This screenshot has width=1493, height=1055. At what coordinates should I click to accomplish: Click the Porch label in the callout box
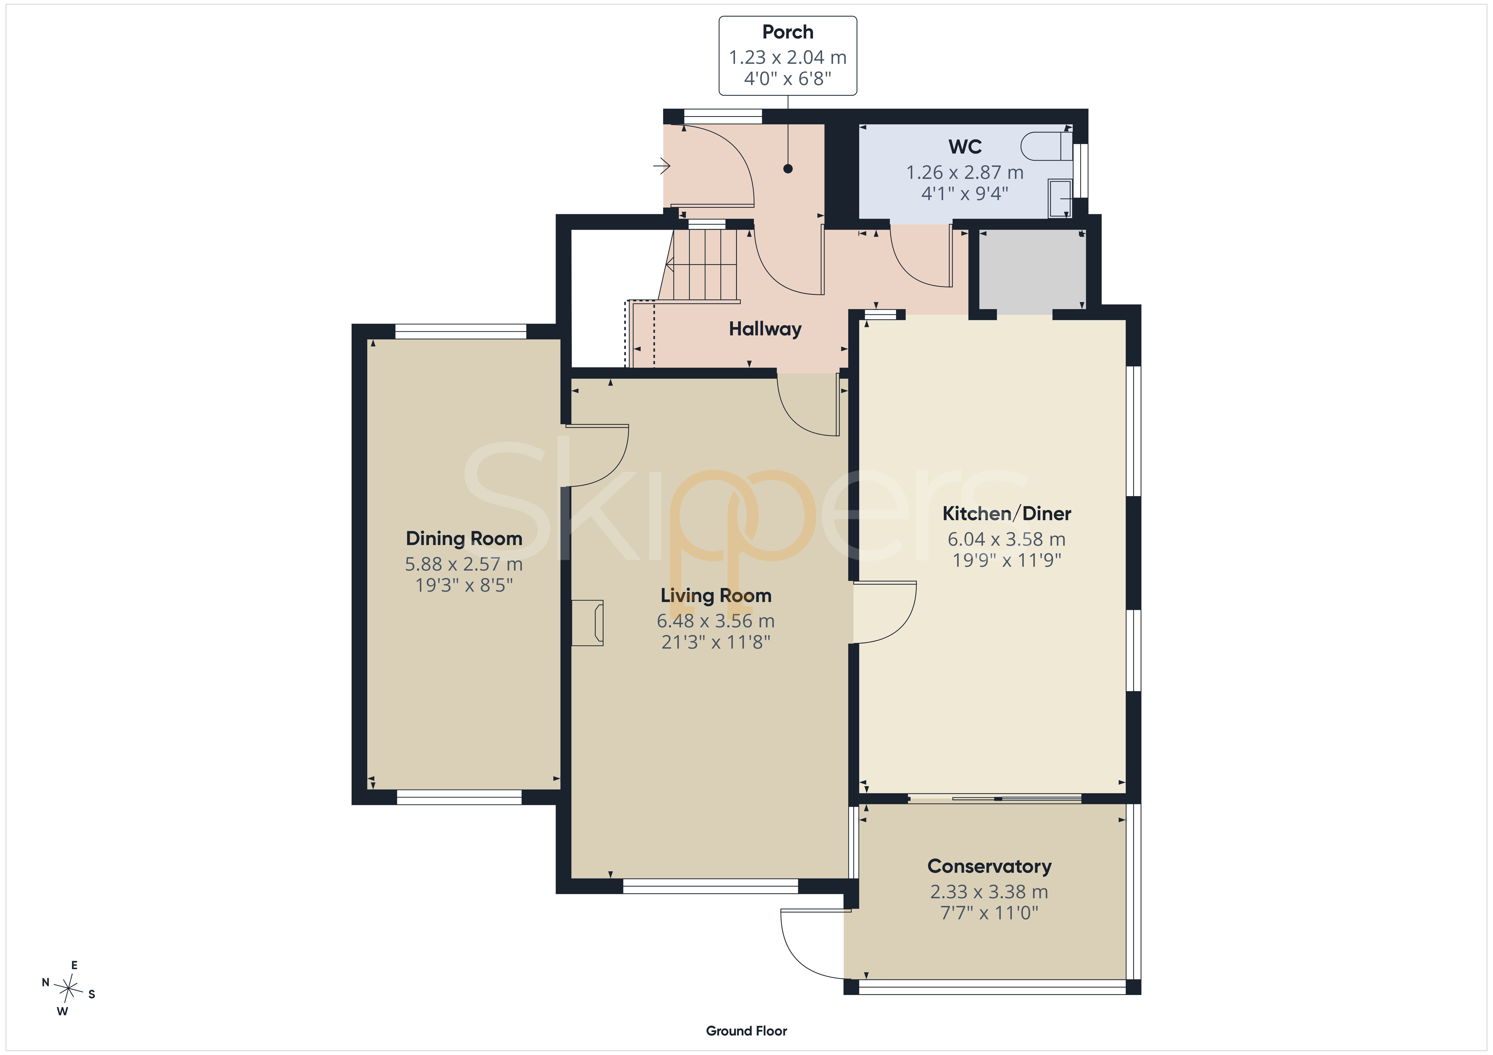pos(788,32)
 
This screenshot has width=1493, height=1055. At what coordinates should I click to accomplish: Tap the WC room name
pos(965,147)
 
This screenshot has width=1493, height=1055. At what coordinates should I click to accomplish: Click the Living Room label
pos(716,595)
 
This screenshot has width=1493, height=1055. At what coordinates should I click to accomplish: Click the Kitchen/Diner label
pos(1007,514)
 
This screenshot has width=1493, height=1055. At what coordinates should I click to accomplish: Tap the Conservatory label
pos(989,867)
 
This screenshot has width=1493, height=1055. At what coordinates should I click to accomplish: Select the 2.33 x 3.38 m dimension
pos(989,892)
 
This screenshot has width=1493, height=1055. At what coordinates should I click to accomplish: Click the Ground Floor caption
pos(746,1031)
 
